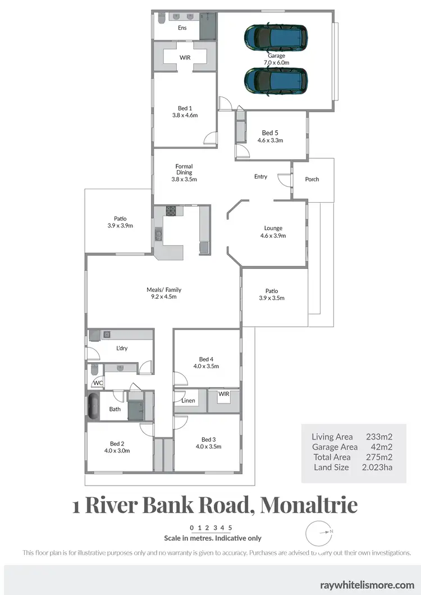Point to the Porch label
(x=312, y=179)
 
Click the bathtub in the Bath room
(x=93, y=406)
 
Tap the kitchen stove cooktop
(x=171, y=212)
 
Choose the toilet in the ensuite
(x=160, y=20)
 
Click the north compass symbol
(x=319, y=532)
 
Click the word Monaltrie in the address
(x=309, y=505)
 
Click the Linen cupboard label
(x=188, y=401)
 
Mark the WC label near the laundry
(x=98, y=383)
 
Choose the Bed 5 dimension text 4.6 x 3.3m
(x=269, y=140)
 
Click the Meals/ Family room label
(x=164, y=290)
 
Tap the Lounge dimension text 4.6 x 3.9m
(x=273, y=236)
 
